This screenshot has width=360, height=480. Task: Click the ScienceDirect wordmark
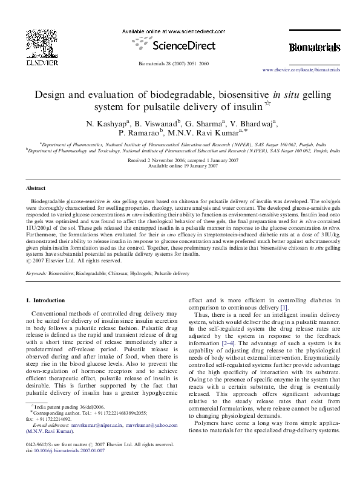coord(180,44)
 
